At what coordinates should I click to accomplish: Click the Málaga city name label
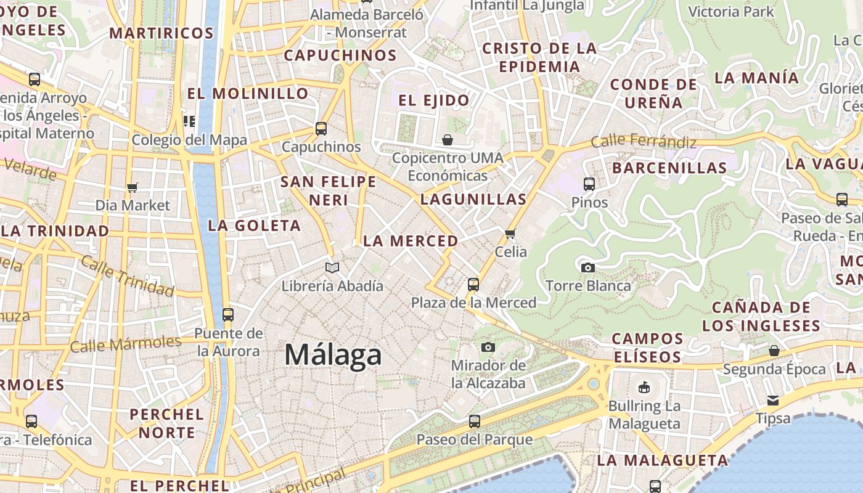click(x=333, y=356)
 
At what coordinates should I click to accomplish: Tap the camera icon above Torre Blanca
click(x=588, y=267)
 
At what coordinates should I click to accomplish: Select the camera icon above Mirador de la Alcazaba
click(x=488, y=347)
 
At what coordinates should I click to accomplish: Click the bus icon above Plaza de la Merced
click(x=473, y=284)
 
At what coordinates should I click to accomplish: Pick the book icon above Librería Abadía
click(x=332, y=267)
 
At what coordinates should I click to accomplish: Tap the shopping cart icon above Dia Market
click(x=133, y=187)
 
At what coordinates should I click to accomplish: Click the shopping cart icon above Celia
click(x=510, y=234)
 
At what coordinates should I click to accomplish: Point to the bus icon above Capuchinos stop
click(x=321, y=128)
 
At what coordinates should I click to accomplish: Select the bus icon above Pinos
click(x=589, y=184)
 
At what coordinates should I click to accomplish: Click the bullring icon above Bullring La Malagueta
click(x=644, y=387)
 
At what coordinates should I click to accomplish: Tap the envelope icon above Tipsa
click(x=773, y=400)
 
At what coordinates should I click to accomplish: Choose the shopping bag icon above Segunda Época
click(x=774, y=351)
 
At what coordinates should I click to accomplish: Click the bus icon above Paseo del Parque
click(x=474, y=422)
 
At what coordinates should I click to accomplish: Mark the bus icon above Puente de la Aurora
click(x=228, y=315)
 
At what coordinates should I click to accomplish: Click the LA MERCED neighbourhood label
click(x=411, y=241)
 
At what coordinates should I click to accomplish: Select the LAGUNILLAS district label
click(x=473, y=199)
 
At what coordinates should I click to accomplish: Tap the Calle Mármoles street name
click(x=125, y=344)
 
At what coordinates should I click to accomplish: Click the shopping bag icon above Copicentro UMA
click(x=448, y=140)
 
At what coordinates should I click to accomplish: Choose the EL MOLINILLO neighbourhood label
click(x=248, y=94)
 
